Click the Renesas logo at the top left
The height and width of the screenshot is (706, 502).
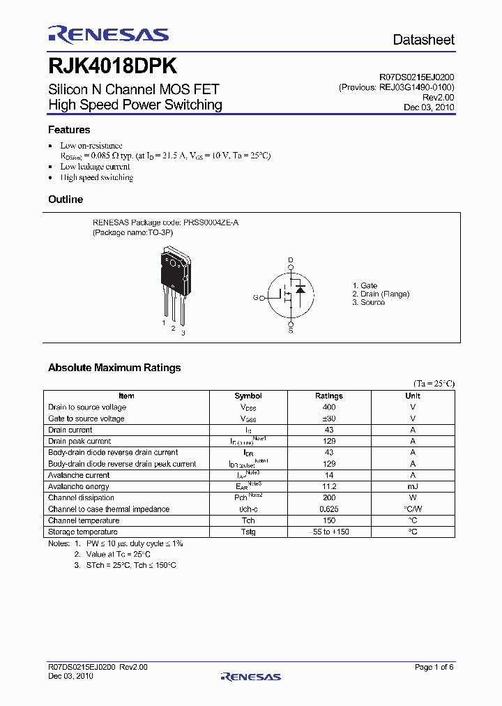[x=108, y=34]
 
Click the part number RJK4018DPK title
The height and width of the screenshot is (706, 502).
[x=112, y=66]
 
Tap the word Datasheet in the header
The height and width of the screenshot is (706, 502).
[x=423, y=40]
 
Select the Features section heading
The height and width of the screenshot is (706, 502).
[x=69, y=130]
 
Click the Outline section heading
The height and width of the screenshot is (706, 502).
[x=66, y=200]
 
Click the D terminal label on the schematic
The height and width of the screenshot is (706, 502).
[x=291, y=260]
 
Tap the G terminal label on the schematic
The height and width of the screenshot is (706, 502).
[x=256, y=297]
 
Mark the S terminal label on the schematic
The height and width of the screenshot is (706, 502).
[x=291, y=330]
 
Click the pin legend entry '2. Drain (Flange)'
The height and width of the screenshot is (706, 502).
[x=381, y=294]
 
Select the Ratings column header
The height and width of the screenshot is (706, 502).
[x=329, y=396]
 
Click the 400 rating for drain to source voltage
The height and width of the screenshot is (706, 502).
[x=329, y=407]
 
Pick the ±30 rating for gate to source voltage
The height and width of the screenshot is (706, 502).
[x=329, y=419]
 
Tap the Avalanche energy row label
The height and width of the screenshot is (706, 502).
[x=79, y=486]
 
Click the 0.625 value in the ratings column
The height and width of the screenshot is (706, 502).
[x=329, y=509]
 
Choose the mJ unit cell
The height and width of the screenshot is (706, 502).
[x=413, y=486]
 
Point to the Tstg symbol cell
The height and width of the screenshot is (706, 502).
[x=248, y=532]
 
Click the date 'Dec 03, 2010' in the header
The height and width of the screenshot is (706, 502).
[x=429, y=107]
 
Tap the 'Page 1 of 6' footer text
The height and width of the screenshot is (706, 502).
[x=434, y=667]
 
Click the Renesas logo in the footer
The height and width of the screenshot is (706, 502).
[x=250, y=676]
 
